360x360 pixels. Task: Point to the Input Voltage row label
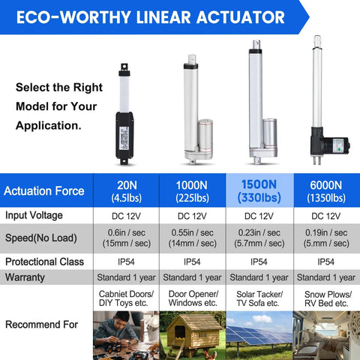tap(37, 216)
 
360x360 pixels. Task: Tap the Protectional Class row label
tap(46, 262)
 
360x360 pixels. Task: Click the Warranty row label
tap(26, 277)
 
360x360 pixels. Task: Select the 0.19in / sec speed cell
tap(325, 238)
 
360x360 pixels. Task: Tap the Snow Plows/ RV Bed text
tap(325, 298)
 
